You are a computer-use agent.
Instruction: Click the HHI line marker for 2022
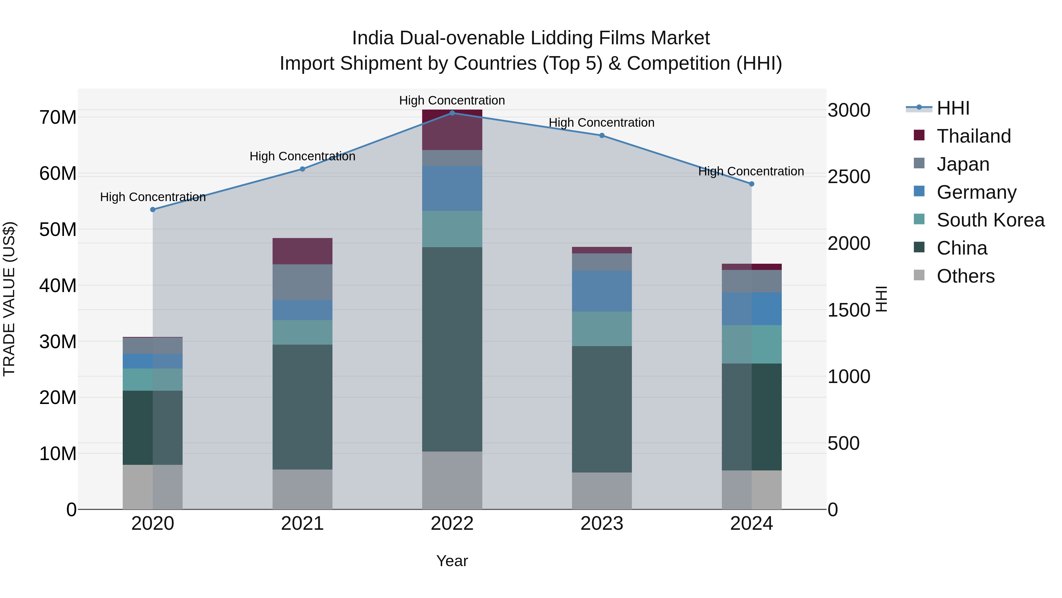(452, 113)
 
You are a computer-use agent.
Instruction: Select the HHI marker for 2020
(153, 210)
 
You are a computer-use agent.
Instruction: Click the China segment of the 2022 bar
(452, 349)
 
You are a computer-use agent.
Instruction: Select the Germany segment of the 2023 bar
(602, 291)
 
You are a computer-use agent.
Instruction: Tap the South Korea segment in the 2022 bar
(452, 229)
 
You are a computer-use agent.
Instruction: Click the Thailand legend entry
(973, 136)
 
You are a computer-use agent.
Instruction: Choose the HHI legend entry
(953, 108)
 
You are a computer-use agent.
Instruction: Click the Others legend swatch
(919, 275)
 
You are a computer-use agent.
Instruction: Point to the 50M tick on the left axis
(58, 229)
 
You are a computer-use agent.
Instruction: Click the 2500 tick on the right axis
(849, 177)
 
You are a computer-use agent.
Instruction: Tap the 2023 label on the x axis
(602, 524)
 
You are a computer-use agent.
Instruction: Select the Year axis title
(452, 561)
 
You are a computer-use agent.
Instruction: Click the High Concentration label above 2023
(602, 123)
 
